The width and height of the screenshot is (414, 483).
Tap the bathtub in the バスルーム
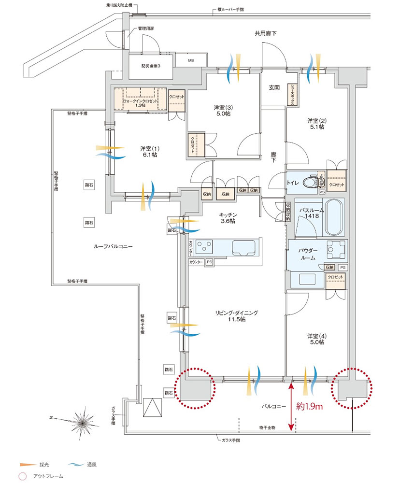point(333,217)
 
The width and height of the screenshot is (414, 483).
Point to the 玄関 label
point(274,88)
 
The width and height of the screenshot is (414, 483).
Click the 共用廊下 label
point(265,33)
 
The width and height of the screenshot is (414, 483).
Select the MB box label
point(190,61)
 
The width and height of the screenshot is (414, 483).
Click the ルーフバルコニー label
point(113,246)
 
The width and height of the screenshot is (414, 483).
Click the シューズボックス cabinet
point(292,95)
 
